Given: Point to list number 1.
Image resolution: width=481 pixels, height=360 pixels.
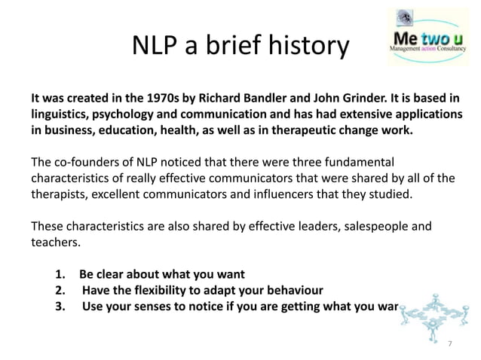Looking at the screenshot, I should (x=60, y=274).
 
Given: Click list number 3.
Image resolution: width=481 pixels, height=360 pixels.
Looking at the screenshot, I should (x=60, y=306).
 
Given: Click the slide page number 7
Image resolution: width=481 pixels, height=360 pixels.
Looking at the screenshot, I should (x=450, y=343).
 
